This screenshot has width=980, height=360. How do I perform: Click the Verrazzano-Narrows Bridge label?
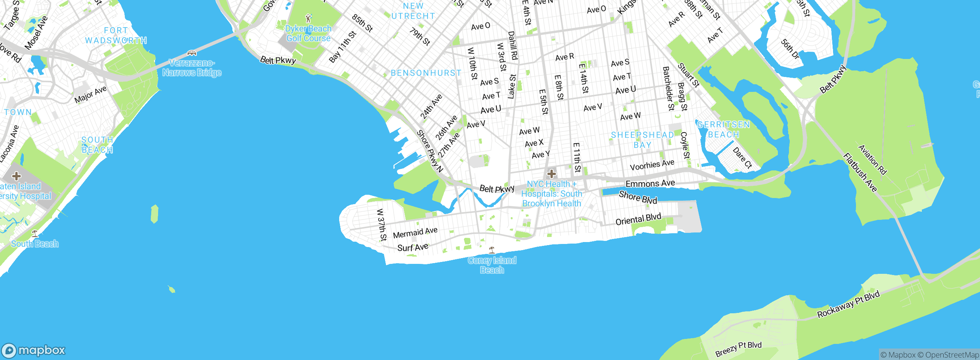pos(192,68)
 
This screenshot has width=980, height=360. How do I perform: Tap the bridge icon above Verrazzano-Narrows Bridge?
pos(192,53)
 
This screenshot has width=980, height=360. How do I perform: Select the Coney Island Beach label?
pos(492,265)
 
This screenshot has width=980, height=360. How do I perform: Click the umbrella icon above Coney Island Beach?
pos(492,250)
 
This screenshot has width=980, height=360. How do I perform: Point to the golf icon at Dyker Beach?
pos(309,18)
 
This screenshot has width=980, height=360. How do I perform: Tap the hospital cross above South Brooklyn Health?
pos(551,174)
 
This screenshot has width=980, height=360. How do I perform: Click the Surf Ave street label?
pos(413,247)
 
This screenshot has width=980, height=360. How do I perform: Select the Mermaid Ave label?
pos(415,232)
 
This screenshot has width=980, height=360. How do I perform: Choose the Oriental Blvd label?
pos(638,219)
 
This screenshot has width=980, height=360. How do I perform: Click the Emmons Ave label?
pos(650,183)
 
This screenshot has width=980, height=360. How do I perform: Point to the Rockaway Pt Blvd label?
pos(848,305)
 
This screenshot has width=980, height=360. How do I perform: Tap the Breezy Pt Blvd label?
pos(738,349)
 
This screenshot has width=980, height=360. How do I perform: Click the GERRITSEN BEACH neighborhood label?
pos(723,129)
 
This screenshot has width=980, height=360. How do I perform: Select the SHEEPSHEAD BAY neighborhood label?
pos(642,140)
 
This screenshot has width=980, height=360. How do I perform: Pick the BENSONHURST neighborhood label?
pos(426,73)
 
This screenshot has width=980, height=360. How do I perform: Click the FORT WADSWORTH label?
pos(116,35)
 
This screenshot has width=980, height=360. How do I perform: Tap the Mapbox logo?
pos(34,350)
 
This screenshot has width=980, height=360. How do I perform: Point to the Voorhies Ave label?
pos(652,165)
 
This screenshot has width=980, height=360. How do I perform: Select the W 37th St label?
pos(381,224)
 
